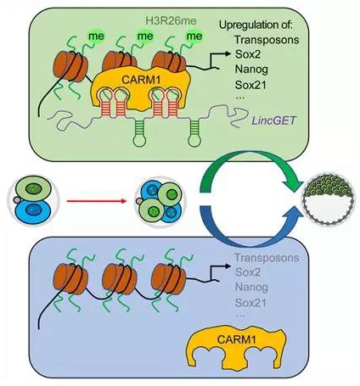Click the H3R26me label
171,20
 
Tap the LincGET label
273,120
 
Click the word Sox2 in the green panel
248,53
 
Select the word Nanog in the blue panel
251,287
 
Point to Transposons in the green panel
267,39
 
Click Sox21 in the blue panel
250,303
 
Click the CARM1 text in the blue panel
236,338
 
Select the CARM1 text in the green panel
141,80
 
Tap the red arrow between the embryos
96,201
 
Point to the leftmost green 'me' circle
96,36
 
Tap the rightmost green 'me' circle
194,36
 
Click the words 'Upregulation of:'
256,25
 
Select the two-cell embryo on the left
33,200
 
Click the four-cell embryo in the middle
159,202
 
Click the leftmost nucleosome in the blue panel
70,278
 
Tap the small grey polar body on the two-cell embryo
17,200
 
